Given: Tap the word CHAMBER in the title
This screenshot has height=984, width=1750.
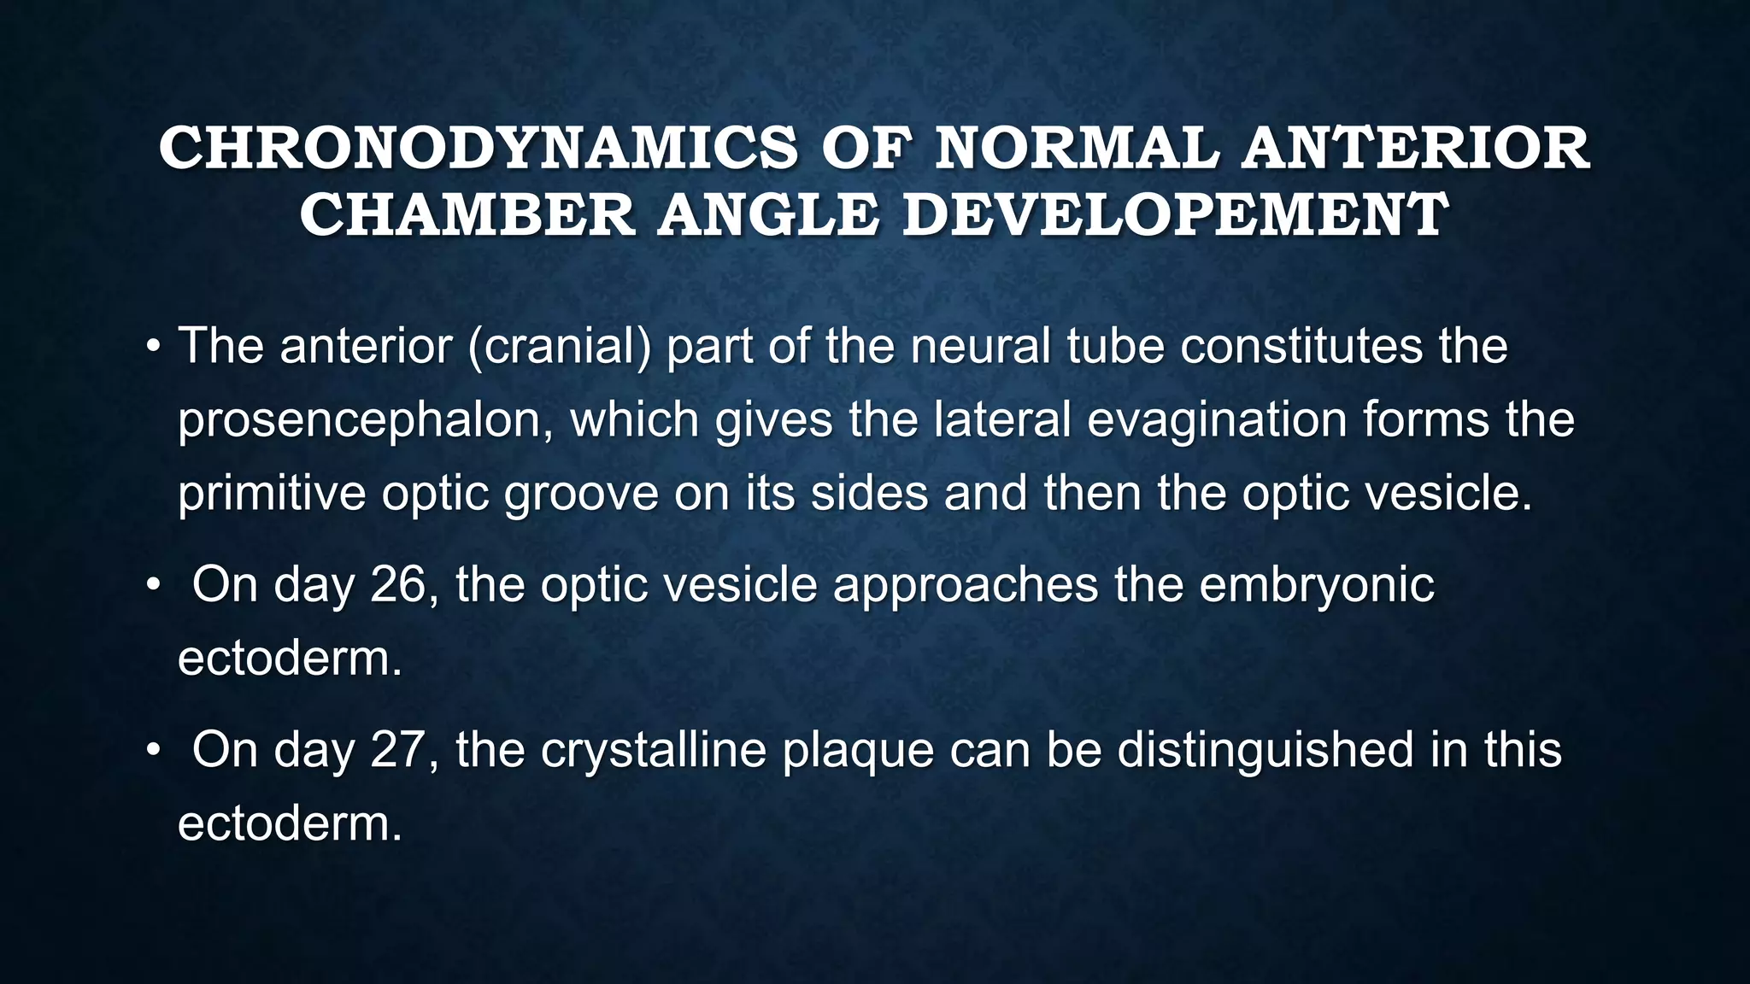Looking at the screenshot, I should pyautogui.click(x=467, y=215).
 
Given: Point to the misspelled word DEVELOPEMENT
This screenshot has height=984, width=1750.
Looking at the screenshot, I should pyautogui.click(x=1176, y=215).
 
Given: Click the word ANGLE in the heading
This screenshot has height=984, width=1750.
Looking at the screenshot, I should pyautogui.click(x=768, y=215).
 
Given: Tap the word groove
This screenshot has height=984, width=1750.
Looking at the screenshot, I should pyautogui.click(x=580, y=495).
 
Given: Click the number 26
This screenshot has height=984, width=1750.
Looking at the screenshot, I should pyautogui.click(x=398, y=585).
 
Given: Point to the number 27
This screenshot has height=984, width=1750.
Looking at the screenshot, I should pyautogui.click(x=398, y=750).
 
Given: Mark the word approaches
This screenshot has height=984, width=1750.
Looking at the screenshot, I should pyautogui.click(x=965, y=585).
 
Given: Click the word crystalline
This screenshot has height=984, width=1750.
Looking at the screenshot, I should pyautogui.click(x=653, y=750).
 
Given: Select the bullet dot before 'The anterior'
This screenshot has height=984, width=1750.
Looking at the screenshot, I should pyautogui.click(x=153, y=348).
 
